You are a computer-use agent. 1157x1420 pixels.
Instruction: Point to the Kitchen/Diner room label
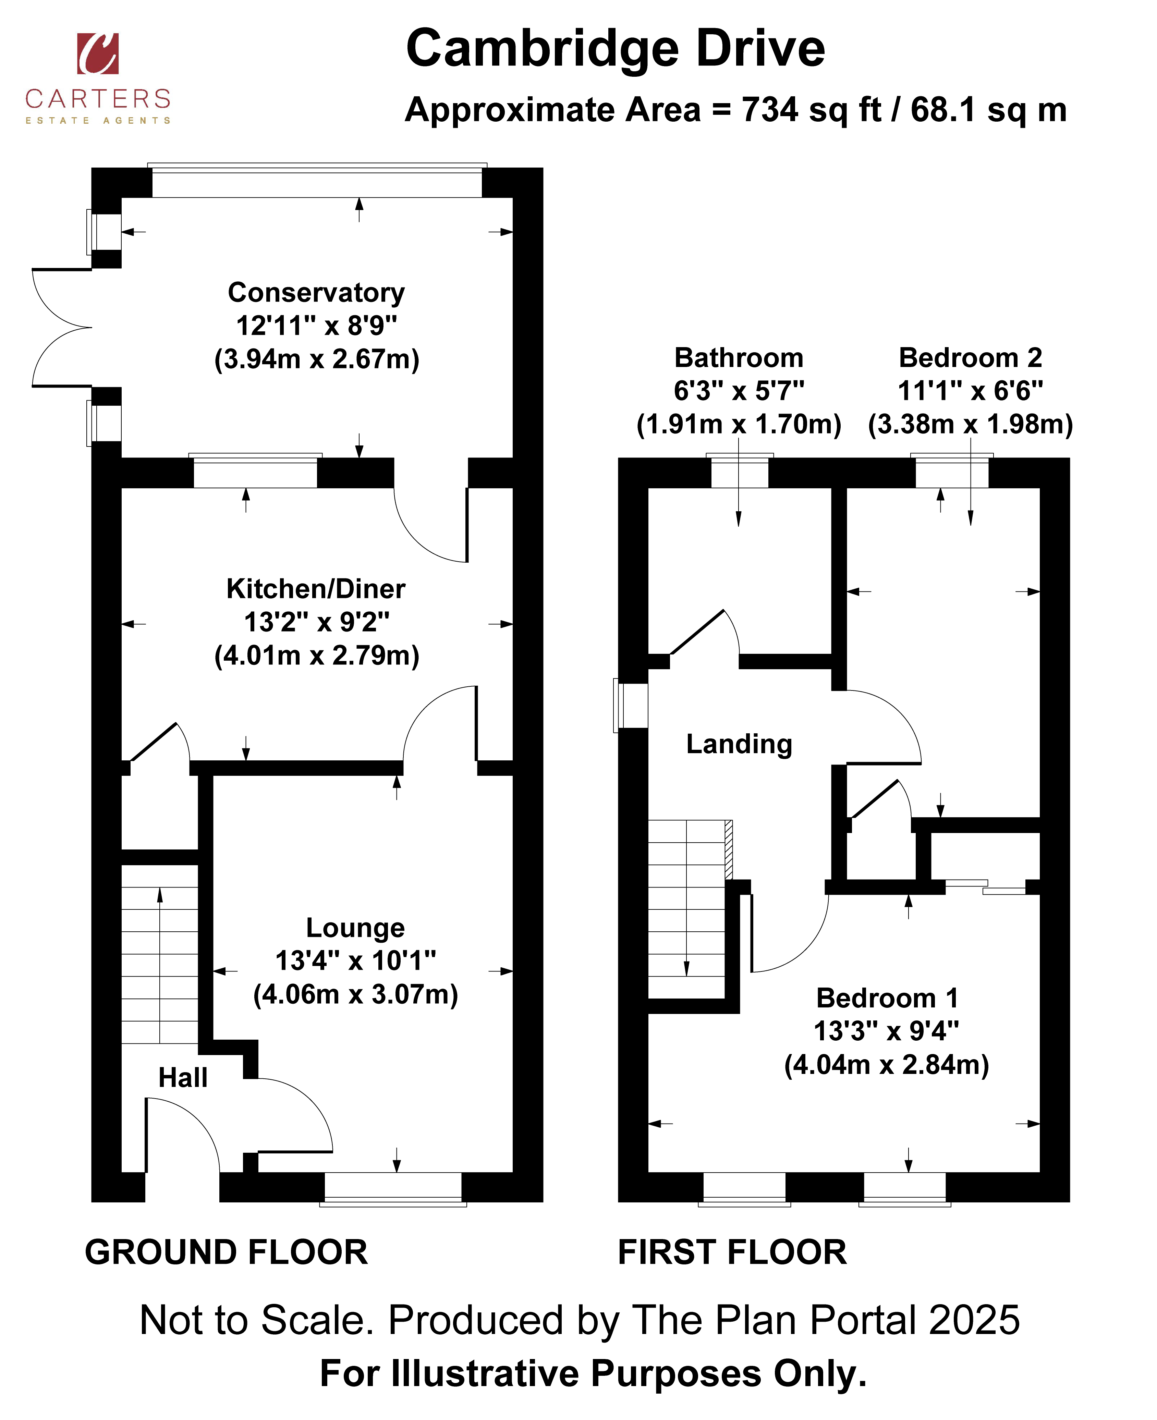click(x=316, y=589)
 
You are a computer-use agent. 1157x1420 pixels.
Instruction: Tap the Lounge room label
click(x=355, y=928)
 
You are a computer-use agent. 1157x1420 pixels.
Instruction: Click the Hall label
click(x=183, y=1077)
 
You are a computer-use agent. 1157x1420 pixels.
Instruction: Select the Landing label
click(x=739, y=744)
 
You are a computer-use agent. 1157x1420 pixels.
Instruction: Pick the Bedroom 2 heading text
click(x=970, y=358)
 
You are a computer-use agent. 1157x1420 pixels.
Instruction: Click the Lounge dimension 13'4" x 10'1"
click(x=355, y=961)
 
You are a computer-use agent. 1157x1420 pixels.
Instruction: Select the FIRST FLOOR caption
click(x=732, y=1253)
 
